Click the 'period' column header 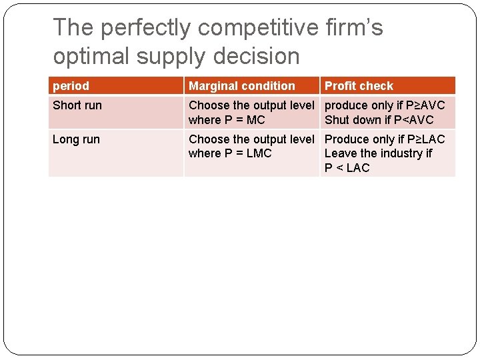pyautogui.click(x=71, y=86)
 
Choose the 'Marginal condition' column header pyautogui.click(x=242, y=86)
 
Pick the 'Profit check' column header pyautogui.click(x=359, y=86)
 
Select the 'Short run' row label pyautogui.click(x=77, y=105)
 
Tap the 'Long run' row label pyautogui.click(x=76, y=139)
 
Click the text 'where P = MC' pyautogui.click(x=227, y=120)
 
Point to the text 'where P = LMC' pyautogui.click(x=230, y=153)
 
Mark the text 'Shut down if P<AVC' pyautogui.click(x=379, y=120)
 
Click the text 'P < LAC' pyautogui.click(x=347, y=168)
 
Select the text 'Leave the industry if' pyautogui.click(x=378, y=153)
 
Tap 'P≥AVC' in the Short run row pyautogui.click(x=425, y=105)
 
